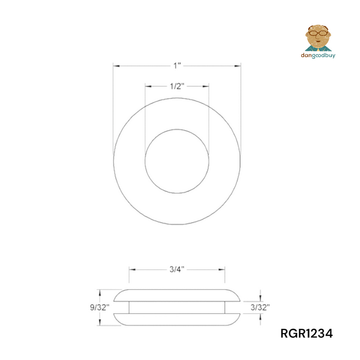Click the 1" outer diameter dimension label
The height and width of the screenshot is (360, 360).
point(177,64)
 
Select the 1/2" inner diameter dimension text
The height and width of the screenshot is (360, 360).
point(177,86)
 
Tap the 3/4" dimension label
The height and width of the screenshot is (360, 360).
point(177,270)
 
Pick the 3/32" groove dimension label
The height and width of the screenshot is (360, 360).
point(259,307)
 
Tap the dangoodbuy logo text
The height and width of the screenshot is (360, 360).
point(317,55)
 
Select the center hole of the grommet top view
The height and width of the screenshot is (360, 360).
point(177,160)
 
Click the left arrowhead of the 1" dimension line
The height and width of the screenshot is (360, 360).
point(116,65)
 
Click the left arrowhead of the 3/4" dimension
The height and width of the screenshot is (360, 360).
point(131,270)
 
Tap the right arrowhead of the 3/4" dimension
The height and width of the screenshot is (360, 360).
point(223,270)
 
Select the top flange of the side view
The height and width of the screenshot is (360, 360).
point(177,295)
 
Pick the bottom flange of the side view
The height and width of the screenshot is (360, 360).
point(177,318)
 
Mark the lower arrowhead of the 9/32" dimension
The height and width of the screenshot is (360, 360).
point(100,323)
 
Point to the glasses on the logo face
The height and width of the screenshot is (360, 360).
point(317,34)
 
